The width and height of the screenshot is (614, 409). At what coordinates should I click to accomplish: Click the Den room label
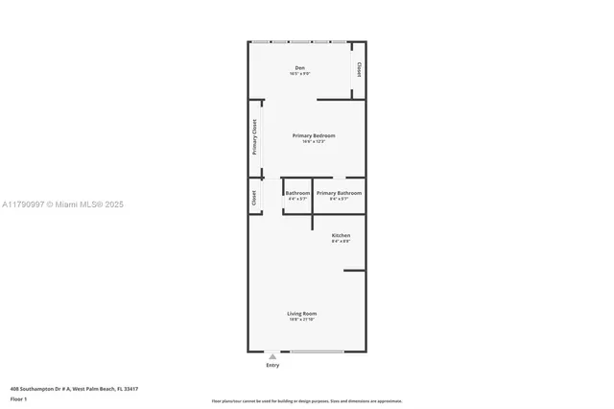299,68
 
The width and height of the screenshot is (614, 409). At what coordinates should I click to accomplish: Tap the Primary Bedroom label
314,135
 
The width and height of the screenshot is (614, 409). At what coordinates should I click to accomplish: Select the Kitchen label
341,235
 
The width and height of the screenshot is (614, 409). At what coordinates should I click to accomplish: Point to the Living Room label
302,313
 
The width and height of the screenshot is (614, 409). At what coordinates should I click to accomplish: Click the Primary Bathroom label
339,193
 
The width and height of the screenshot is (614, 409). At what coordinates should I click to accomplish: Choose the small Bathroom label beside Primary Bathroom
297,193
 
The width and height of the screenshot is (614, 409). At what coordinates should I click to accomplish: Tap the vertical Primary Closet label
255,142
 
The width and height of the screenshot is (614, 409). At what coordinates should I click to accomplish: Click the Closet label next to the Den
359,70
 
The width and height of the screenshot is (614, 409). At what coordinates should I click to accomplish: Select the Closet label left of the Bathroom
254,198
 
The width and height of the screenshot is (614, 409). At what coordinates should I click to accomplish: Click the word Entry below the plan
272,365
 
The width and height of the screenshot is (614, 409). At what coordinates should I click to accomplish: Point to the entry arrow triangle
272,356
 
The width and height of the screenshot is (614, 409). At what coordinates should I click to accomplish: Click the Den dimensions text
299,74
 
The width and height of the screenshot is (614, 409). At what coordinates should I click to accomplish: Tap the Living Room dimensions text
302,319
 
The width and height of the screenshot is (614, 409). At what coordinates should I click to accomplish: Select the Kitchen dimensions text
341,241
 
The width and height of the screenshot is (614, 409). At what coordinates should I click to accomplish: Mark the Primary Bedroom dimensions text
314,141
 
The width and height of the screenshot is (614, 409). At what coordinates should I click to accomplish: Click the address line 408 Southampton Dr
74,389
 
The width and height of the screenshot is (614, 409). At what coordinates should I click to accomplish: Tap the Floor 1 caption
18,398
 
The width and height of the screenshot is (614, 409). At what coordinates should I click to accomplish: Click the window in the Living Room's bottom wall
318,350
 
